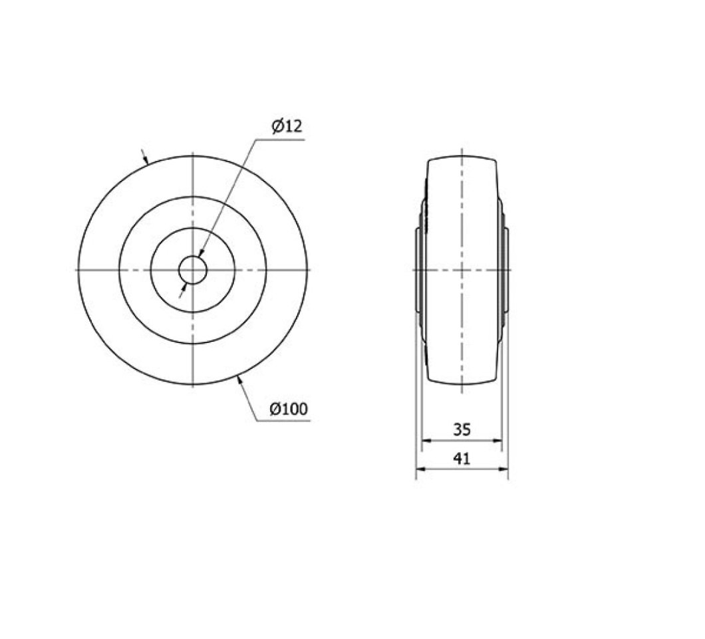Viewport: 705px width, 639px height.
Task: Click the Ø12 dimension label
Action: click(287, 126)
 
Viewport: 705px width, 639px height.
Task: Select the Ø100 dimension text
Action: click(289, 409)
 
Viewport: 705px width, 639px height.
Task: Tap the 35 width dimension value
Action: click(462, 430)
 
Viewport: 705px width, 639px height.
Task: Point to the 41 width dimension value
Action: click(462, 459)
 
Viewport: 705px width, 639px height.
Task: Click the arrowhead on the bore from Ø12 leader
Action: click(201, 253)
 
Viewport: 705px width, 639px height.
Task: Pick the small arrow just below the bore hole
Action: click(184, 288)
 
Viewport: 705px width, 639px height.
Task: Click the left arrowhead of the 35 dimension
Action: click(426, 440)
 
